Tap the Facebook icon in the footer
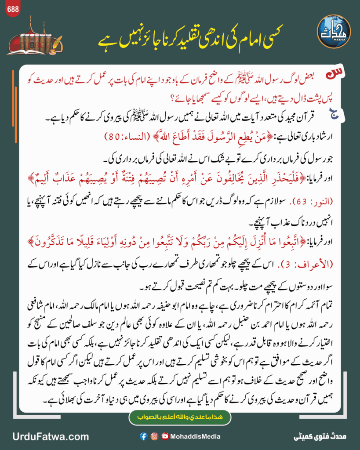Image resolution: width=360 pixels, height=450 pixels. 143,436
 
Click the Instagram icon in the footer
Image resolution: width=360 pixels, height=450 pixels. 154,436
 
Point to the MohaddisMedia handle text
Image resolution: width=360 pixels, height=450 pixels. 196,436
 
